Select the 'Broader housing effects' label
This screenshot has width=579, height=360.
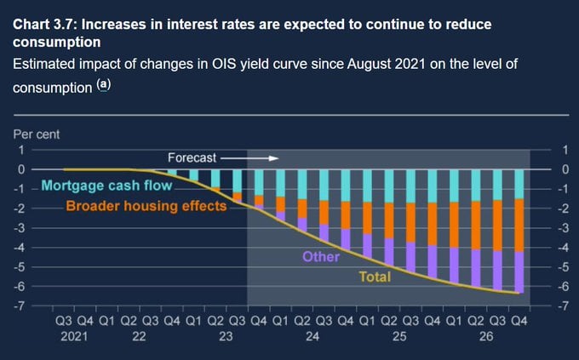click(x=146, y=206)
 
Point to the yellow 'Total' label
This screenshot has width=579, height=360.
click(x=375, y=277)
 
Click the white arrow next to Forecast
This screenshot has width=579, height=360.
click(x=262, y=158)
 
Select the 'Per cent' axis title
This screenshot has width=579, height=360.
click(x=37, y=134)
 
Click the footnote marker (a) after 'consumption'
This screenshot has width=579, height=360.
click(x=103, y=86)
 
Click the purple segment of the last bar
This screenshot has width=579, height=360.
click(x=519, y=271)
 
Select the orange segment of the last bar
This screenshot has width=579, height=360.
click(x=519, y=225)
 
